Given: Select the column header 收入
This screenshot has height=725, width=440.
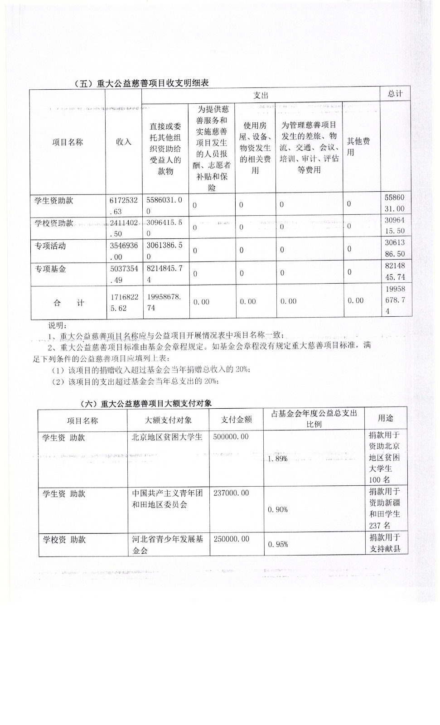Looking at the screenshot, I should pyautogui.click(x=123, y=142).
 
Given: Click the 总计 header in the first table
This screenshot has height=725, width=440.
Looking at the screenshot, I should pyautogui.click(x=395, y=94).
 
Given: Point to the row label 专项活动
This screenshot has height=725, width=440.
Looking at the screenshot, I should pyautogui.click(x=51, y=246).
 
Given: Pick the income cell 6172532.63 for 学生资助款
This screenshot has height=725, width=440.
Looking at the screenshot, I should pyautogui.click(x=123, y=205).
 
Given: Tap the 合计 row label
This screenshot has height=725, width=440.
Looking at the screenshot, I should pyautogui.click(x=68, y=303).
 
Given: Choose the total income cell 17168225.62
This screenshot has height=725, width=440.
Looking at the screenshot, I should pyautogui.click(x=123, y=303).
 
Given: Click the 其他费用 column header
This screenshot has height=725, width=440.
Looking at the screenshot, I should pyautogui.click(x=358, y=146).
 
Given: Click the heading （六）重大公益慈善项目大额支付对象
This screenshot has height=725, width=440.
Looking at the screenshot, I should pyautogui.click(x=145, y=403).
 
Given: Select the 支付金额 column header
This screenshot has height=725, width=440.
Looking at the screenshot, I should pyautogui.click(x=236, y=420).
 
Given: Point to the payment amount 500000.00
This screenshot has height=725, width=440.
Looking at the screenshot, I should pyautogui.click(x=231, y=436).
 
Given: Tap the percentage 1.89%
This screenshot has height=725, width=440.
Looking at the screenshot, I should pyautogui.click(x=277, y=459).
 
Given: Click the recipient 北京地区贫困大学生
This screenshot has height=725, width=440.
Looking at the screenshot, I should pyautogui.click(x=167, y=437).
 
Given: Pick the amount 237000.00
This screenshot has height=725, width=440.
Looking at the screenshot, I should pyautogui.click(x=231, y=493).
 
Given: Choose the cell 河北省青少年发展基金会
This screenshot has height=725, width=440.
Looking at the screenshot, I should pyautogui.click(x=168, y=545).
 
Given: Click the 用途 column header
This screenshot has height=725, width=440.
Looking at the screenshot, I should pyautogui.click(x=386, y=418).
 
